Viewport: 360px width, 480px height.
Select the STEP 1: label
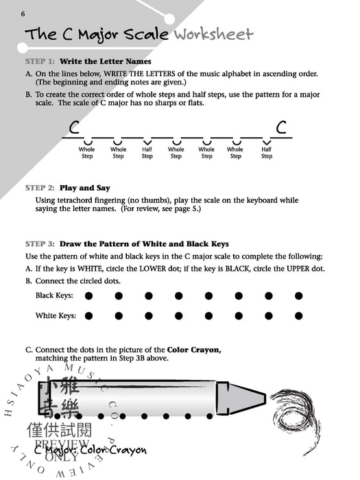(x=40, y=62)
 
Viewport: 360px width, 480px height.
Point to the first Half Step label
(x=147, y=152)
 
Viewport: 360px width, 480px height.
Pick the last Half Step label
(x=266, y=152)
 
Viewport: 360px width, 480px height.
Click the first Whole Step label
(x=87, y=152)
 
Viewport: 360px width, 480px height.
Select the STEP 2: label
(x=40, y=187)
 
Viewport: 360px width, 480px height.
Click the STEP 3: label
(x=40, y=243)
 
